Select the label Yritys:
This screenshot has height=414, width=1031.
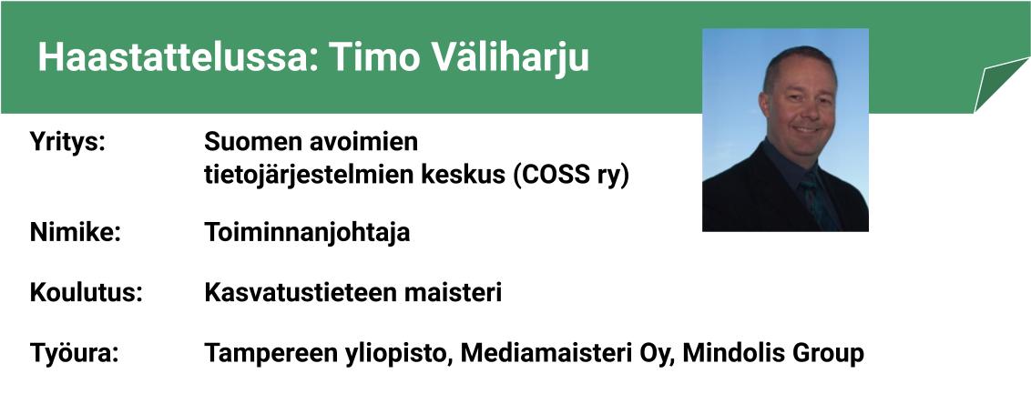(67, 143)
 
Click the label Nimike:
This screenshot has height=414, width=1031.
(76, 232)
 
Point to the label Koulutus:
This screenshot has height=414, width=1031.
(87, 292)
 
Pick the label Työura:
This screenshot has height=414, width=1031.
(75, 354)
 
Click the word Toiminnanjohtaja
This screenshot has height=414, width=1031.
(307, 233)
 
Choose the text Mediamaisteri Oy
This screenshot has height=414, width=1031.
(567, 354)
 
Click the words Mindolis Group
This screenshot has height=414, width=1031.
(773, 354)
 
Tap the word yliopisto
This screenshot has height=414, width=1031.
(399, 354)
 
